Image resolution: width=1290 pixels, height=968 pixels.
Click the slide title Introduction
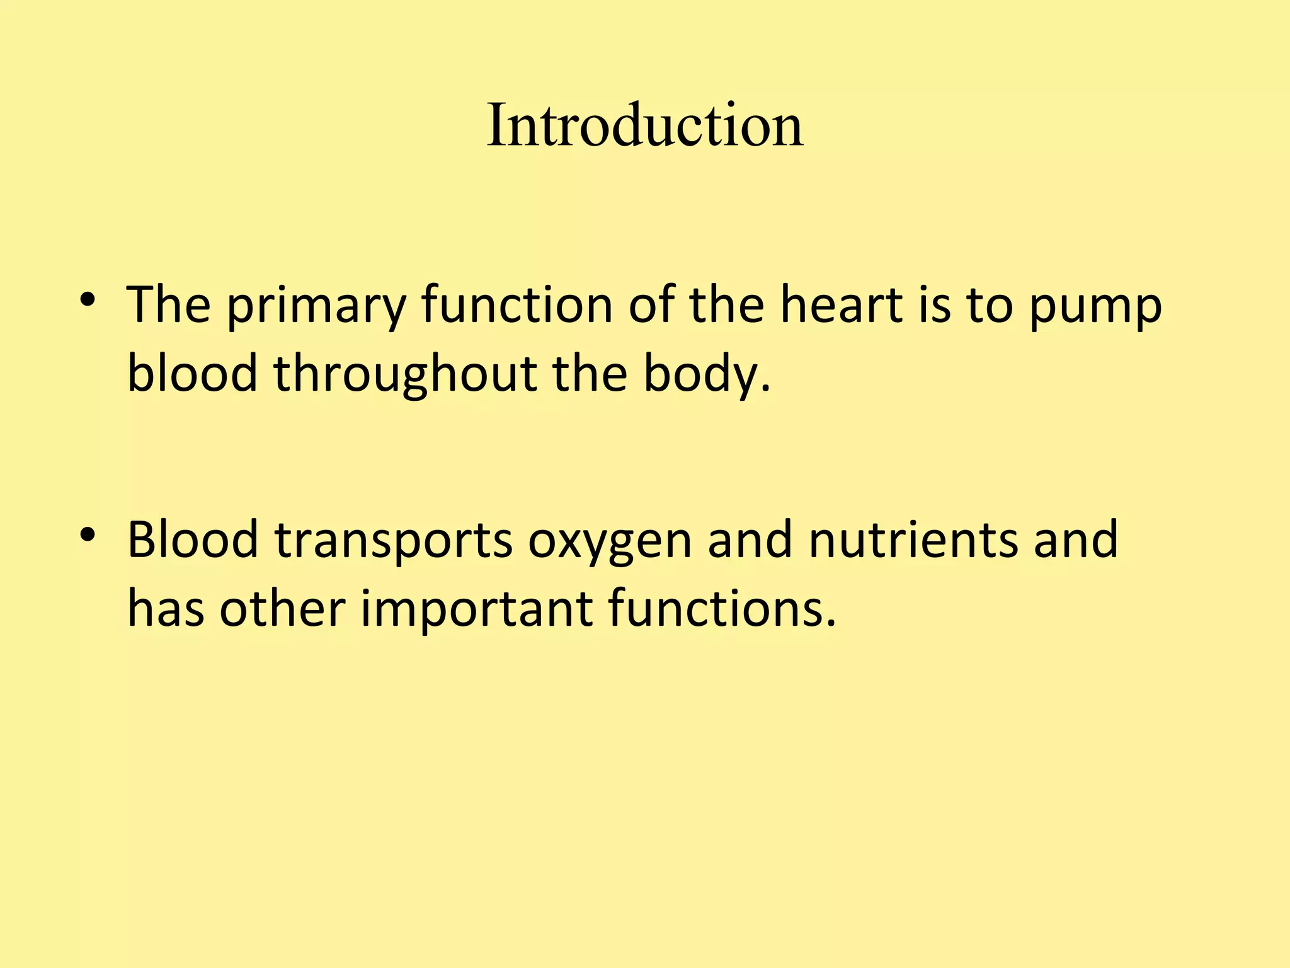tap(644, 126)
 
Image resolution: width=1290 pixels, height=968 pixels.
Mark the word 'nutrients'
tap(913, 541)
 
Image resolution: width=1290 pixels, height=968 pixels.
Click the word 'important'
tap(476, 610)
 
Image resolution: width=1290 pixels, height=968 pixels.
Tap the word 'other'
tap(282, 609)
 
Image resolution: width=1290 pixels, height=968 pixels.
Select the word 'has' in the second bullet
tap(166, 609)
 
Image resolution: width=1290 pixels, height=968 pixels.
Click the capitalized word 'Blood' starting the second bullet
tap(193, 541)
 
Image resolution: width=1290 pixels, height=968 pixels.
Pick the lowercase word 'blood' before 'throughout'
tap(192, 373)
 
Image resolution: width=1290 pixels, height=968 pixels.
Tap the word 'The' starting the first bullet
tap(169, 305)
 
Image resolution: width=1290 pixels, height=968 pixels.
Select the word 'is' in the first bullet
tap(934, 305)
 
